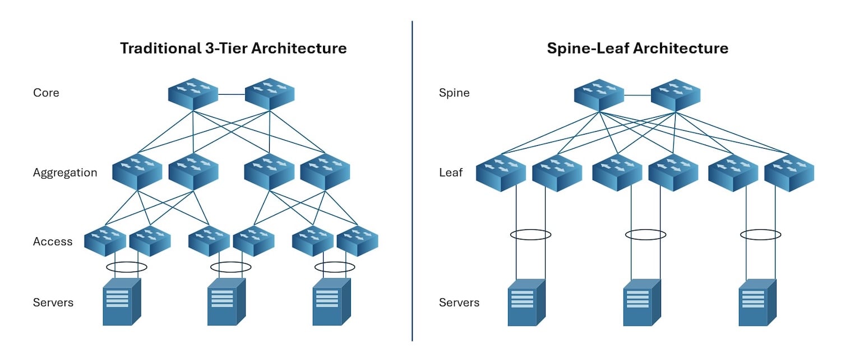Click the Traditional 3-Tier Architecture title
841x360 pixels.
(x=233, y=48)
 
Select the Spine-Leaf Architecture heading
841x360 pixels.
(x=637, y=48)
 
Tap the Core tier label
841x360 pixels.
(x=46, y=93)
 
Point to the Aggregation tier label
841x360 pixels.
(x=65, y=173)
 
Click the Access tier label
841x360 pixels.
(x=53, y=242)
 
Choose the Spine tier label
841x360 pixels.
(x=454, y=93)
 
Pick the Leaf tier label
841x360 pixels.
(x=451, y=173)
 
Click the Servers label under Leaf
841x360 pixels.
(x=459, y=303)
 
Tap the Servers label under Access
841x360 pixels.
(x=53, y=303)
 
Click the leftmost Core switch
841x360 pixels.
(x=193, y=94)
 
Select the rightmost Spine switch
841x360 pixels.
(x=675, y=94)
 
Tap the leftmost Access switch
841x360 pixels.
(x=105, y=241)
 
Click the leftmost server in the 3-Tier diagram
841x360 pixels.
(x=121, y=302)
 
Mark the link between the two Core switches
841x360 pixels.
(x=231, y=95)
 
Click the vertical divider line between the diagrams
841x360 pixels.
(x=412, y=179)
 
